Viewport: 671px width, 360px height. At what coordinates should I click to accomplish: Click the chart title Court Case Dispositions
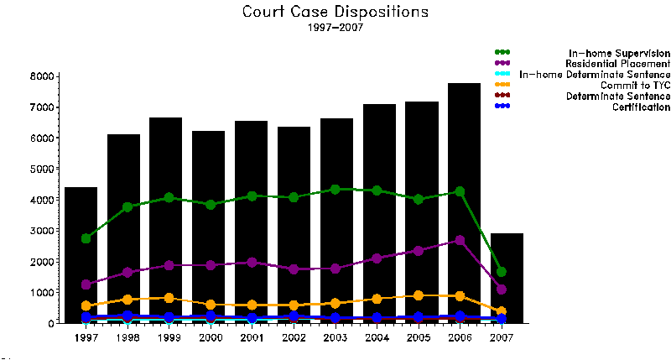(x=335, y=12)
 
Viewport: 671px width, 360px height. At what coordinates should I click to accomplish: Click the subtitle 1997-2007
(x=335, y=28)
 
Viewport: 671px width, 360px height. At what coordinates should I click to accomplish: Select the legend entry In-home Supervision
(x=619, y=53)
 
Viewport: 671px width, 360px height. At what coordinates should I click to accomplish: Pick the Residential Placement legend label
(x=617, y=64)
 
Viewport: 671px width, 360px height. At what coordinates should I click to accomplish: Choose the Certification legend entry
(x=641, y=107)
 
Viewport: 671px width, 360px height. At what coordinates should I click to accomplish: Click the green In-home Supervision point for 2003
(x=335, y=190)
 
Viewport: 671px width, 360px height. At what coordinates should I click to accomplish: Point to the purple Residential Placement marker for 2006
(x=460, y=240)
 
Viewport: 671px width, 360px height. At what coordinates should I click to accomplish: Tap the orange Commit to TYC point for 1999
(x=169, y=298)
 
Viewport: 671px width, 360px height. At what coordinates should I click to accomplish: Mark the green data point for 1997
(x=86, y=238)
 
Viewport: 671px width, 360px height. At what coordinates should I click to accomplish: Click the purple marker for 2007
(x=502, y=290)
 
